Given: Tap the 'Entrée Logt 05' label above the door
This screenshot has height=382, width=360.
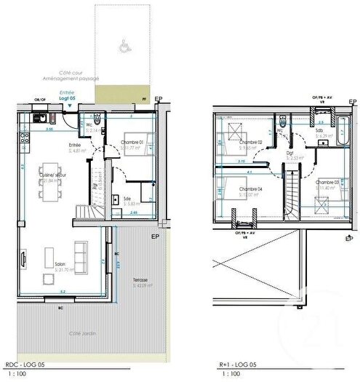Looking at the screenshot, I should click(x=67, y=95).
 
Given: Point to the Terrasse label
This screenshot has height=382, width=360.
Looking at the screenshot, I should click(x=141, y=280).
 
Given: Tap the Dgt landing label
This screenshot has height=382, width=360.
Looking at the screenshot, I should click(x=289, y=153).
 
